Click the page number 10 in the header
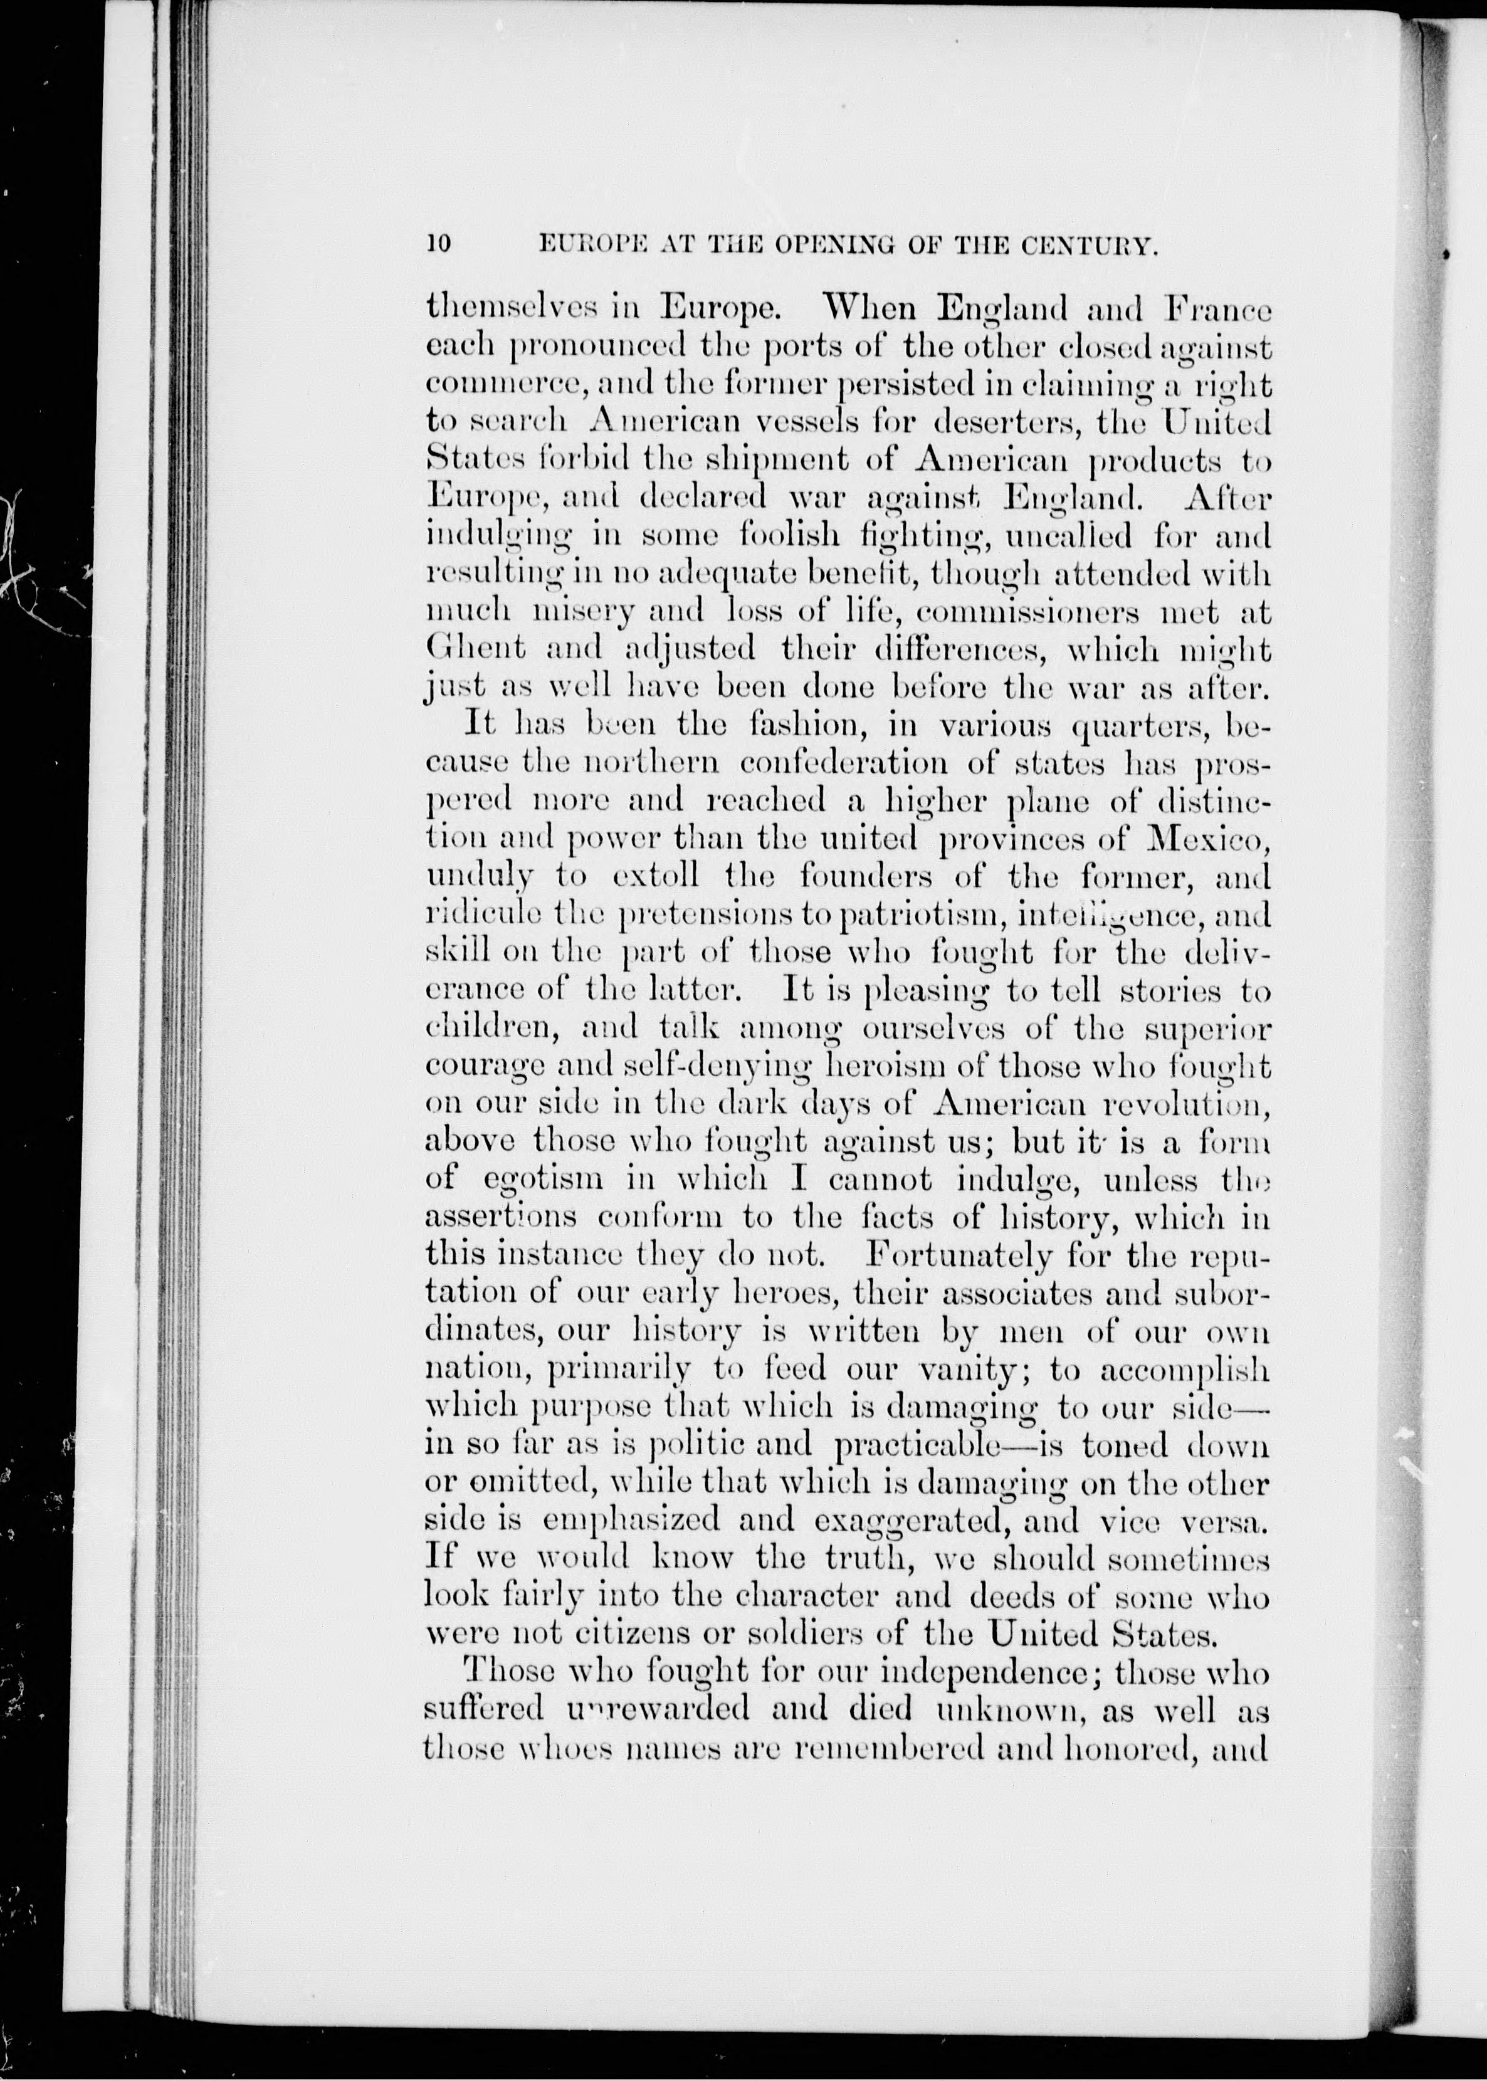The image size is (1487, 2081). click(439, 244)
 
